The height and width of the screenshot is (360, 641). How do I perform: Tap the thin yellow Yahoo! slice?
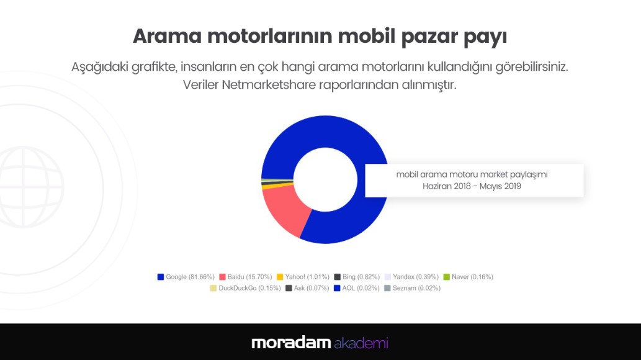pos(277,186)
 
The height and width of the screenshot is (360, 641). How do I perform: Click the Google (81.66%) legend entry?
pos(186,277)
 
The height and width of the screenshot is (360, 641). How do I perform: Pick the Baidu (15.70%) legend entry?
pos(246,277)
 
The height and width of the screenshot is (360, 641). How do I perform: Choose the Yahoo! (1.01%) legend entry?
pos(303,277)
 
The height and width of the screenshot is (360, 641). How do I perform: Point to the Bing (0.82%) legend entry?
pos(357,277)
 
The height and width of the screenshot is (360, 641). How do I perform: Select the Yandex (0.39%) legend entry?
pos(411,277)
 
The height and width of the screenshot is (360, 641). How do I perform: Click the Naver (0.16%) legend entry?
pos(468,277)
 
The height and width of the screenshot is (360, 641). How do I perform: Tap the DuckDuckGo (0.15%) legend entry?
pos(245,288)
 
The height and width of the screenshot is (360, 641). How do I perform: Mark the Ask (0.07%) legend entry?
pos(307,288)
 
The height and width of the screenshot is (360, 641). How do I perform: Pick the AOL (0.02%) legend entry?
pos(357,288)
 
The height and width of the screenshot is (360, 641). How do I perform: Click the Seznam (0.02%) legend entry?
pos(413,288)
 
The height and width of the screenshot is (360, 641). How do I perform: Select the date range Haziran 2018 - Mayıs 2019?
pos(472,186)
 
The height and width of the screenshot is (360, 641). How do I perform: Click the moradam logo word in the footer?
pos(291,343)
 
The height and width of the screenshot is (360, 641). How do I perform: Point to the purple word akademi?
pos(361,343)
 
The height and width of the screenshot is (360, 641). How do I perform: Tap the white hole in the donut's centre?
pos(325,179)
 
